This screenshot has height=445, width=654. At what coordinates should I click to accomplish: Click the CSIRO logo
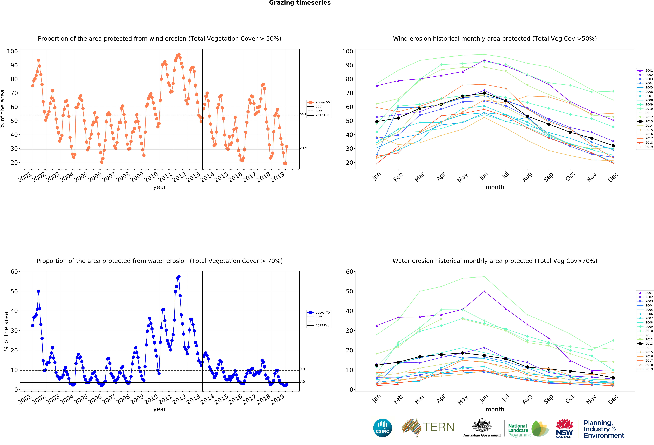pyautogui.click(x=382, y=428)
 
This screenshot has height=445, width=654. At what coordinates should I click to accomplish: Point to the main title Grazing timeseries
pyautogui.click(x=300, y=3)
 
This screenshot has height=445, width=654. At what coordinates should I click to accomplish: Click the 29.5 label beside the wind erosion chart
pyautogui.click(x=303, y=148)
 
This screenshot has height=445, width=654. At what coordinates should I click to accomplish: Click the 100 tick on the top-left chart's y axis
pyautogui.click(x=12, y=51)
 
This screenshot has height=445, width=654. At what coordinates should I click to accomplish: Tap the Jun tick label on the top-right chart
pyautogui.click(x=484, y=176)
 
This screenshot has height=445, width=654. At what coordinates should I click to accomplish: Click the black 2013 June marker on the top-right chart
pyautogui.click(x=484, y=93)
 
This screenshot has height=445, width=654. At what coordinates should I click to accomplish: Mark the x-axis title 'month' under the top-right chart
pyautogui.click(x=495, y=187)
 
